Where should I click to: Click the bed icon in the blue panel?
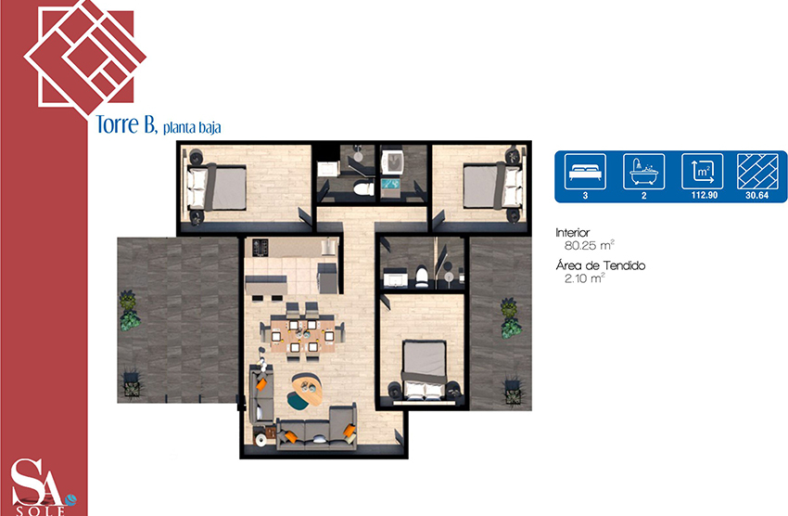coord(586,172)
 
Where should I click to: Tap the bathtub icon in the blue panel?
coord(643,172)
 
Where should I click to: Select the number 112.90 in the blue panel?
coord(704,195)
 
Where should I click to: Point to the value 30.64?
coord(756,195)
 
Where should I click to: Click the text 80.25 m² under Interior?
coord(589,245)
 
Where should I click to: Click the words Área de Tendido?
coord(601,265)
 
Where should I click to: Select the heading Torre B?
coord(126,124)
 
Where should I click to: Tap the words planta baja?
coord(192,128)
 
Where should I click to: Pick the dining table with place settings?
coord(302,332)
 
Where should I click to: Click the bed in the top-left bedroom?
coord(217,187)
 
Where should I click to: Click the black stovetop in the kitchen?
coord(260,247)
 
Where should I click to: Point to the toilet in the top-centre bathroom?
coord(363,188)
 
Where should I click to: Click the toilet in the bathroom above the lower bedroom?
coord(422,277)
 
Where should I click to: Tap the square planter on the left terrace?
coord(132,387)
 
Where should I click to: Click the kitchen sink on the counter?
coord(328,247)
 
